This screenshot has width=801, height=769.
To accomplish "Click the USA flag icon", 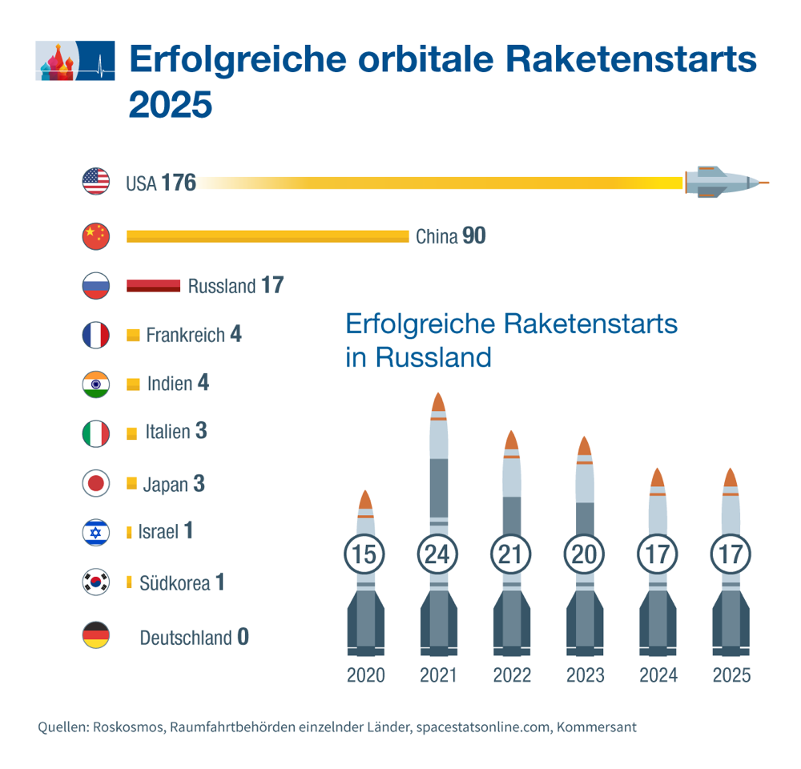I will point(96,182).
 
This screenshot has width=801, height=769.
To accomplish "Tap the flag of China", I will point(96,236).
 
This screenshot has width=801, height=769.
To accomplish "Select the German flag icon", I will point(96,637).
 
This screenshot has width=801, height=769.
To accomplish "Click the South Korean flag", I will point(96,582).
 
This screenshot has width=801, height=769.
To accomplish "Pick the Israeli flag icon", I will point(96,532).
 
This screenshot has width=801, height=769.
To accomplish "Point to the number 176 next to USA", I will point(178,183).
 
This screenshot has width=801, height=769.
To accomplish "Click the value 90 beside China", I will point(474,236).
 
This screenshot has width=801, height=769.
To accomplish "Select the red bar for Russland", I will point(153,286).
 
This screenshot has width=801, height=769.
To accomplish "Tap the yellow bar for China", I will point(268,236).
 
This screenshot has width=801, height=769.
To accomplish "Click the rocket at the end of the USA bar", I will point(725,183).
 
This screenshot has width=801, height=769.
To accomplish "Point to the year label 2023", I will point(585,675).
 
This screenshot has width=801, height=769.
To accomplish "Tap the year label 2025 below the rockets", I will point(731,675).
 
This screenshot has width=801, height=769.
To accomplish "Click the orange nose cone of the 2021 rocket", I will point(437,405).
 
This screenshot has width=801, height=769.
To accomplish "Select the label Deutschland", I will point(185,638).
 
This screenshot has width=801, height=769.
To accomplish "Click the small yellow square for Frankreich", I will point(134,335).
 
